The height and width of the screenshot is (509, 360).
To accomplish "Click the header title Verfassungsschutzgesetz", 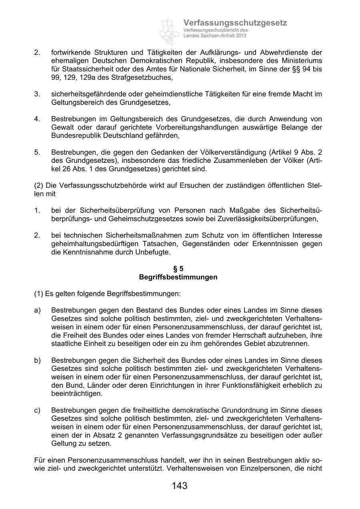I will [235, 23].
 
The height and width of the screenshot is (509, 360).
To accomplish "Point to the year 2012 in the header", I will [241, 36].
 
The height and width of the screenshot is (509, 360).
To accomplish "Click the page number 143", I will [180, 486].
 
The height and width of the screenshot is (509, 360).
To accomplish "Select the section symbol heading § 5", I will [178, 269].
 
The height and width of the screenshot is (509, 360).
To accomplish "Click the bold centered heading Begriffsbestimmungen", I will [178, 277].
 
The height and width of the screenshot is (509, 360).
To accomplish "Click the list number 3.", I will [37, 94].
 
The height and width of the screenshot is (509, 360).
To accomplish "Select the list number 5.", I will [37, 152].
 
